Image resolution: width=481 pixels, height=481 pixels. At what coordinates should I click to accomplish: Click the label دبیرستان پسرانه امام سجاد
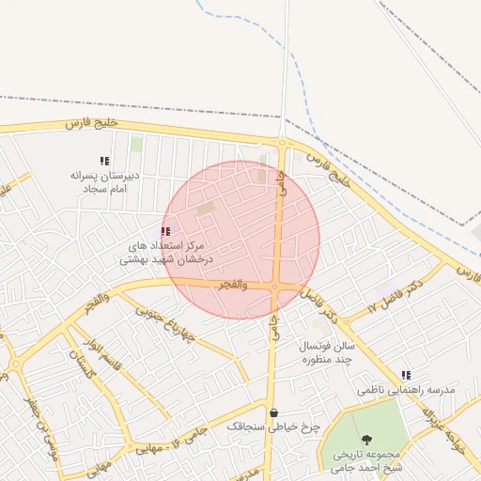click(105, 182)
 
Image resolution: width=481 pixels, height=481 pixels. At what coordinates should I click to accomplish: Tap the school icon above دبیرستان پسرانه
click(104, 161)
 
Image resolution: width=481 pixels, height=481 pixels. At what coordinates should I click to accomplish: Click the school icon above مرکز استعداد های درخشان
click(165, 231)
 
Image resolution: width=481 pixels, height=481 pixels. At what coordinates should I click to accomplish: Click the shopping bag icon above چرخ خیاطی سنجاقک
click(273, 412)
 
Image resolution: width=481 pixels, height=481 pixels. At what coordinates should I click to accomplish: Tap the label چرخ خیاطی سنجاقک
click(273, 427)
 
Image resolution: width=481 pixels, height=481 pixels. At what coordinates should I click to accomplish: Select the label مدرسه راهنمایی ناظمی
click(406, 389)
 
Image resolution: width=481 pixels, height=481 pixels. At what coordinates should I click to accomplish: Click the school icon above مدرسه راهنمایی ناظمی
click(406, 375)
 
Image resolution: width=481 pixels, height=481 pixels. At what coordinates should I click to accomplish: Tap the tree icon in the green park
click(365, 441)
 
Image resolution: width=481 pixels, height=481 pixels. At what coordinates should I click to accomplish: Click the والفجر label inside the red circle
click(232, 284)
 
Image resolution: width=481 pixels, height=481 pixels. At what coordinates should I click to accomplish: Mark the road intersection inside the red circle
click(275, 287)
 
